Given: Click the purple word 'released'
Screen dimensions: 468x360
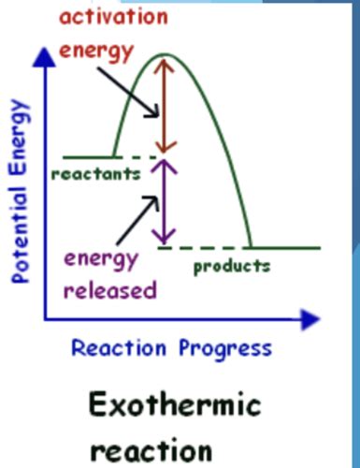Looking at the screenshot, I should [x=110, y=290].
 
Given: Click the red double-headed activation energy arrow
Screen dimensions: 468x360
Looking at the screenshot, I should [x=166, y=105].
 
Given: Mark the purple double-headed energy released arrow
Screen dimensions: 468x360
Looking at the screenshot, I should [x=166, y=201].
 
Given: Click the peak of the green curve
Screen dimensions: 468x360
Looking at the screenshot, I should [x=166, y=55].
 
